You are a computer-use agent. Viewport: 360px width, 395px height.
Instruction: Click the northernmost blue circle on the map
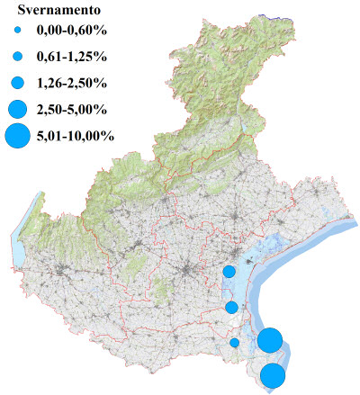(x=229, y=272)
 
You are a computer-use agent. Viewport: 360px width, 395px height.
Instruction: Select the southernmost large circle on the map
(x=274, y=375)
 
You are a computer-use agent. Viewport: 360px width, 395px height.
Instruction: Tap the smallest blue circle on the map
(x=235, y=342)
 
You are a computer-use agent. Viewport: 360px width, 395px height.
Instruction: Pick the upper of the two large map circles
(x=270, y=340)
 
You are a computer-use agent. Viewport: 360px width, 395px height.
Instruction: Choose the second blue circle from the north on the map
(x=231, y=307)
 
